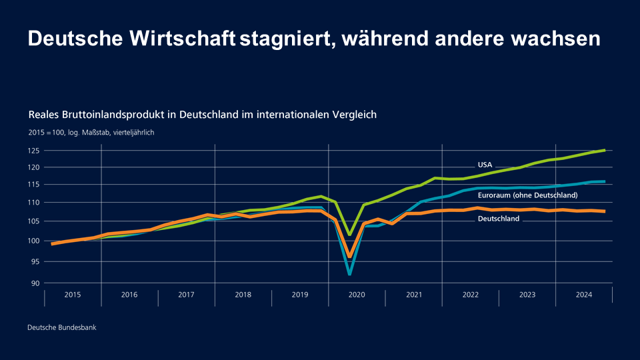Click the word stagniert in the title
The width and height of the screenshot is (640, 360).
coord(287,39)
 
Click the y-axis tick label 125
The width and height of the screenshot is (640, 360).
coord(34,151)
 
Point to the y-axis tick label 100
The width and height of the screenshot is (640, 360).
coord(34,241)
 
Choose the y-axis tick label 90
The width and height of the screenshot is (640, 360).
coord(36,283)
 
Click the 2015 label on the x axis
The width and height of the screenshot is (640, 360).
coord(73,295)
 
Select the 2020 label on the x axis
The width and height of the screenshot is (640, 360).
coord(357,295)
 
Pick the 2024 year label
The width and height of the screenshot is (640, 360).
coord(584,295)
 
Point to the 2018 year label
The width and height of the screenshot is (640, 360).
coord(243,295)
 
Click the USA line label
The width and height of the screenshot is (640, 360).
coord(485,165)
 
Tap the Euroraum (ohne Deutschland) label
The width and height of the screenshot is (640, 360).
coord(527,195)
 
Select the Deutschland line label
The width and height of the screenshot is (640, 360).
coord(498,219)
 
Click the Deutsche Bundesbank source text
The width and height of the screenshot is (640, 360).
coord(61,327)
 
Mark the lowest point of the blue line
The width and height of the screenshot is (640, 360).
coord(349,273)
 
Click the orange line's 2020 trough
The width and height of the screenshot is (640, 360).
coord(349,256)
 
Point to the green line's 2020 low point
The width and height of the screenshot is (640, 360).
coord(349,235)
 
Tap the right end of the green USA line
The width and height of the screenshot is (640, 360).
coord(604,150)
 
